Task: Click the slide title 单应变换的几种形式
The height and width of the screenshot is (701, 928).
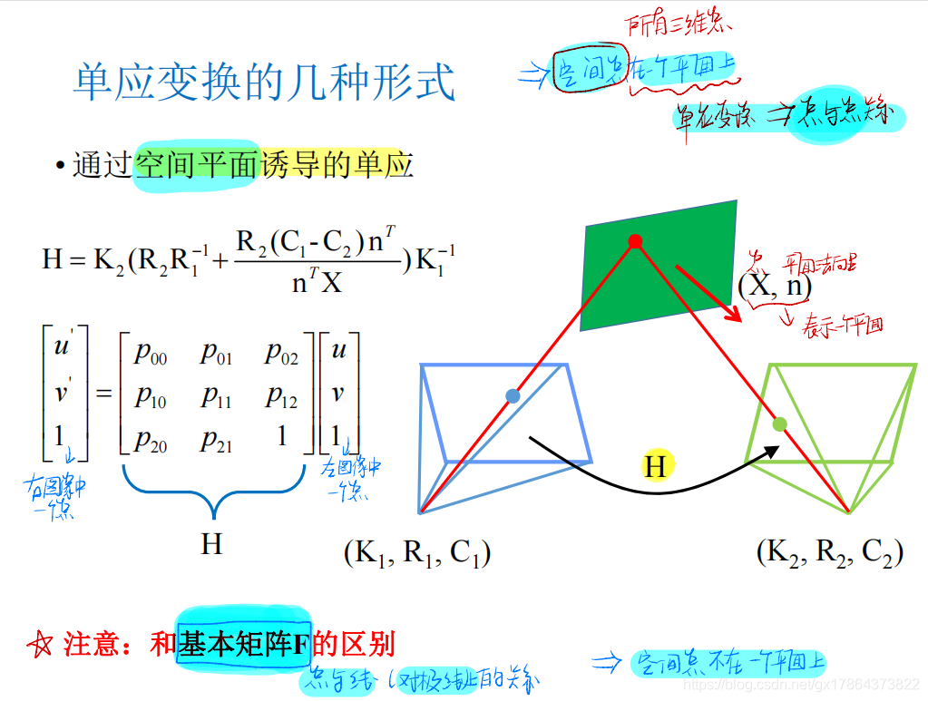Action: (264, 83)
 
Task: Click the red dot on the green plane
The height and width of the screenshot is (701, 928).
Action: (635, 241)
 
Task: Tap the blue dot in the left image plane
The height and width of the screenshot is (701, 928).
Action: (513, 395)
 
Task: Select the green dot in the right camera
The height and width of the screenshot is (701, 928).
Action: (778, 424)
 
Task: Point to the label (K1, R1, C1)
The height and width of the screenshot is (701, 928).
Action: (417, 552)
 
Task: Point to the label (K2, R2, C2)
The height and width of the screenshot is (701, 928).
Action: (829, 552)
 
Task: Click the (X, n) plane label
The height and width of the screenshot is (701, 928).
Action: (774, 287)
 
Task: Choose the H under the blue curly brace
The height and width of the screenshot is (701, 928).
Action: (211, 544)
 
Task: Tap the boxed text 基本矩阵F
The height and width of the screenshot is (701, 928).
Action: (244, 644)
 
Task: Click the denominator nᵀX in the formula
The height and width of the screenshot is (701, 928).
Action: (317, 282)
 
